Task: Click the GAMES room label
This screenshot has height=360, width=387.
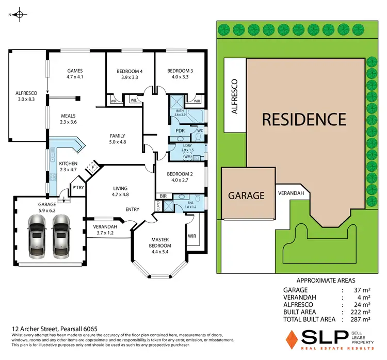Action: [75, 71]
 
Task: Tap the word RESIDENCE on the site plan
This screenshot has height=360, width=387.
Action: [303, 119]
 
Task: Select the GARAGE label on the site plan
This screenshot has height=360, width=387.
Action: [247, 195]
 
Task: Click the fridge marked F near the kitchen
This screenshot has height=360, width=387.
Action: [93, 168]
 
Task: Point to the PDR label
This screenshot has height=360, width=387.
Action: [181, 131]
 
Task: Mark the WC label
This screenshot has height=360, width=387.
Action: [199, 131]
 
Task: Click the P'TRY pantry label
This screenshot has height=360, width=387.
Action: [78, 187]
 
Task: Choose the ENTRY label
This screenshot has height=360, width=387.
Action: [133, 209]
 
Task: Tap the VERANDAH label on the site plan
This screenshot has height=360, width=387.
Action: [293, 193]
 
